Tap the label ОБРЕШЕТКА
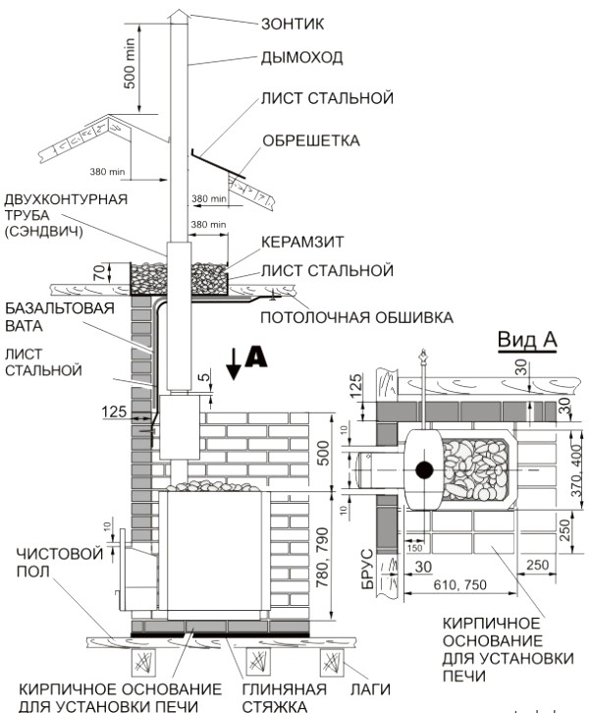point(310,140)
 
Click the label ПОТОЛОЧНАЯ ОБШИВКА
point(356,317)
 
